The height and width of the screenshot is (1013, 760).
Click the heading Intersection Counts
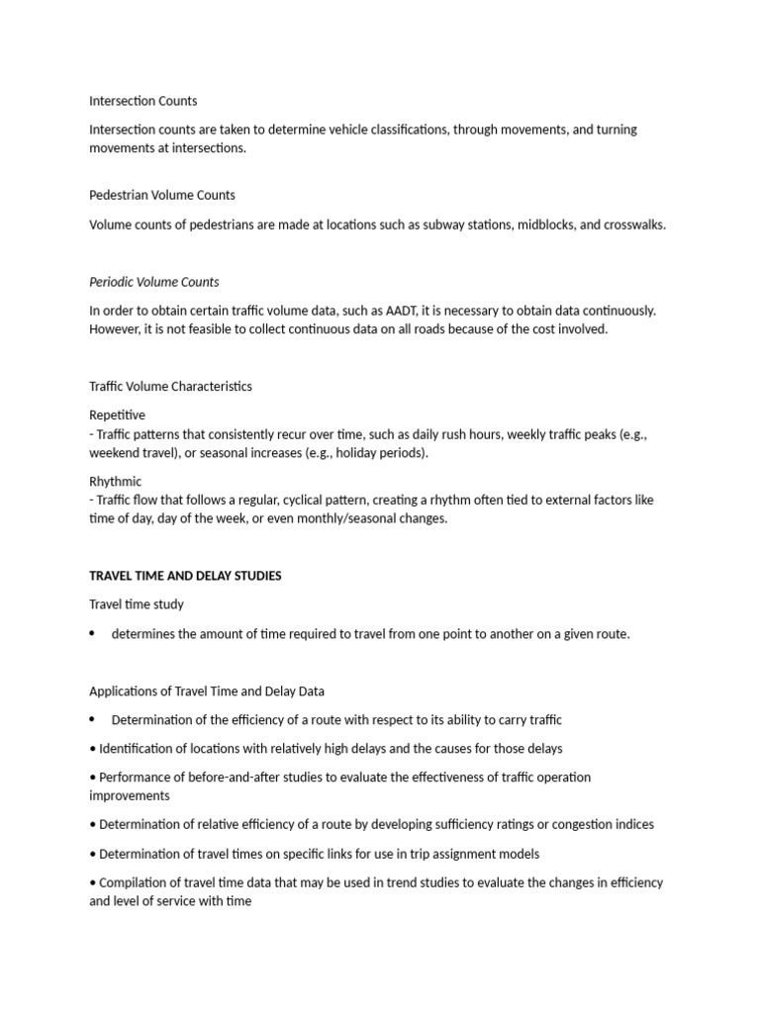(142, 101)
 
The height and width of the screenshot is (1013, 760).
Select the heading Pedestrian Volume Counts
(162, 195)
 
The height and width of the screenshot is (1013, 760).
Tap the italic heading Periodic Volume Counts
(153, 282)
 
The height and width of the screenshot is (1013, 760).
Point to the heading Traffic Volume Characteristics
(170, 386)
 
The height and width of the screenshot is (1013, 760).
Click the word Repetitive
(117, 415)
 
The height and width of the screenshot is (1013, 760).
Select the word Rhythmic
(116, 482)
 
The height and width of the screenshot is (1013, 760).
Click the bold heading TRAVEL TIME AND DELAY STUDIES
(185, 576)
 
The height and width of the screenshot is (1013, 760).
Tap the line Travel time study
(137, 604)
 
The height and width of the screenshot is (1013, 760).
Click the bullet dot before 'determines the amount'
(93, 633)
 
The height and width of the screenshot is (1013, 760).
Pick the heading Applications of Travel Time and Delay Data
(207, 691)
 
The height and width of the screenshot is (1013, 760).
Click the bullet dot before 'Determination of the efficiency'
(93, 719)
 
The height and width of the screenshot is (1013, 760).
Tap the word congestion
(584, 824)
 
